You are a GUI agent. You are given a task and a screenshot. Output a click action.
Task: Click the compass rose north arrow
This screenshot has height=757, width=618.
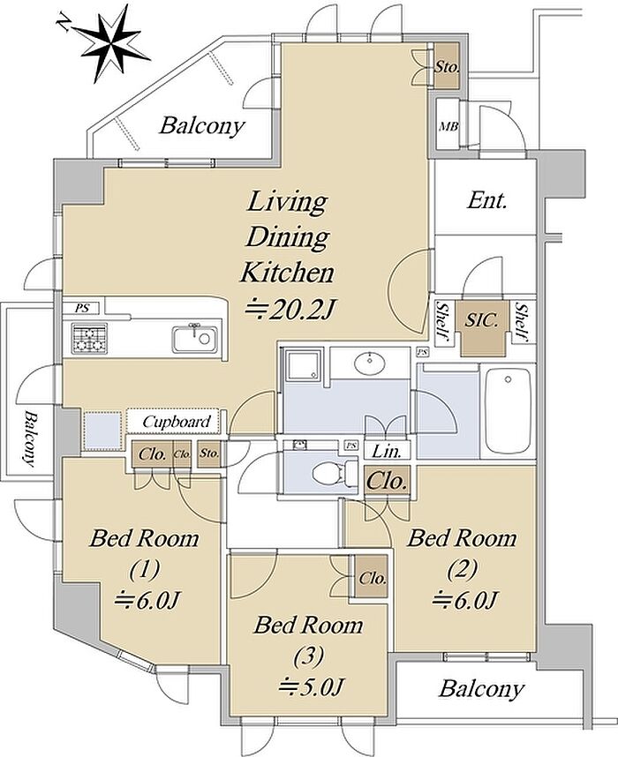tap(110, 43)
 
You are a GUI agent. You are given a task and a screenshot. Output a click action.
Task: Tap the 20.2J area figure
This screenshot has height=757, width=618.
tap(289, 310)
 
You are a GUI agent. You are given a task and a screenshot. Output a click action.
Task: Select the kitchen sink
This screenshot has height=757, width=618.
tap(195, 339)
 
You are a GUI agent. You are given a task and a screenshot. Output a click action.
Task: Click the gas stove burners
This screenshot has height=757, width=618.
tap(89, 339)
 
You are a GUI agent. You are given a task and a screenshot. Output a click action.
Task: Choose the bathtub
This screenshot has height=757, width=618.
tap(508, 408)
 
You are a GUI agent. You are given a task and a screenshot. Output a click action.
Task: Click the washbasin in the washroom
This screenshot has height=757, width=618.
tap(370, 362)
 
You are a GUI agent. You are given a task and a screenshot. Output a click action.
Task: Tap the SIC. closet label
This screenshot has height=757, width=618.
tap(482, 320)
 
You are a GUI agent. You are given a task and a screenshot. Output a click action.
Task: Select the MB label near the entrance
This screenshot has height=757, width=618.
tap(448, 126)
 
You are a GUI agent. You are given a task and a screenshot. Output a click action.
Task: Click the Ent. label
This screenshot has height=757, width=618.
tap(486, 200)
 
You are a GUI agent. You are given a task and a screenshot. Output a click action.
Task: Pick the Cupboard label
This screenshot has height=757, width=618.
tap(177, 422)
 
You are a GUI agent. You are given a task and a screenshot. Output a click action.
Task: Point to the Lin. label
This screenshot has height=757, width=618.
tap(387, 452)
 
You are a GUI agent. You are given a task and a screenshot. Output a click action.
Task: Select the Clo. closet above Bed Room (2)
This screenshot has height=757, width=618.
tap(387, 481)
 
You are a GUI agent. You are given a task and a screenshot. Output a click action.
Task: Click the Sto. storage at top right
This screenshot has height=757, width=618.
tap(446, 66)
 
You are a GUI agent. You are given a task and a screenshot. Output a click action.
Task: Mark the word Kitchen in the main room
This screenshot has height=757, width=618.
tap(287, 273)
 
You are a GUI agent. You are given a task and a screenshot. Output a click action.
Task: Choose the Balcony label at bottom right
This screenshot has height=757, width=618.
tap(481, 689)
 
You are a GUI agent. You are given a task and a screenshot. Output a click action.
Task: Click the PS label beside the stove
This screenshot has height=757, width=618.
tap(82, 308)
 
